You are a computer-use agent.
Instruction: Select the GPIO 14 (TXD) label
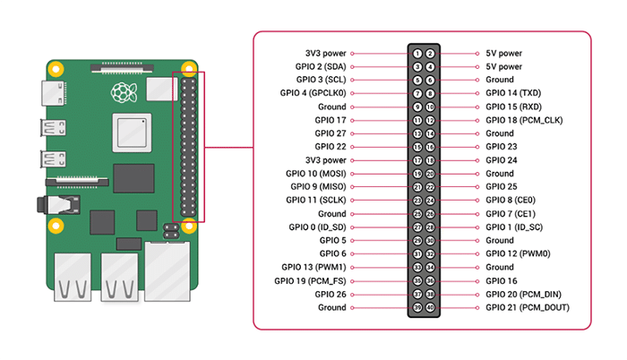tap(513, 93)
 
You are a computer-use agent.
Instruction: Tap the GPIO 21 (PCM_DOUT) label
tap(527, 308)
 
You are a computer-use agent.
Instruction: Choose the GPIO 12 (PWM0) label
tap(518, 254)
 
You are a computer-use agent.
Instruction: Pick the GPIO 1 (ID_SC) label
tap(516, 227)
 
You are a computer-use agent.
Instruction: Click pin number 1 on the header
tap(418, 53)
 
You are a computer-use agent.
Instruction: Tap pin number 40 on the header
tap(431, 308)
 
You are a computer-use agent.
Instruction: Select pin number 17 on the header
tap(418, 160)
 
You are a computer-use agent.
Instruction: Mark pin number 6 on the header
tap(431, 80)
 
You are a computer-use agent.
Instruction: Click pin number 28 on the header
tap(431, 227)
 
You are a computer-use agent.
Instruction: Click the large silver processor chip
tap(130, 134)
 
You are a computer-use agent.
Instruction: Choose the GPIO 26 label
tap(331, 295)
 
